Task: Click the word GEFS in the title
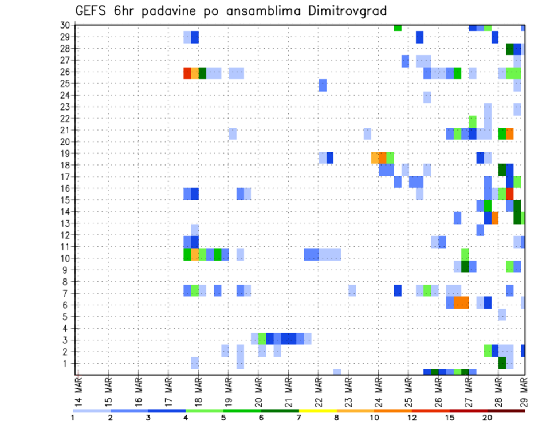92,11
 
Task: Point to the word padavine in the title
163,11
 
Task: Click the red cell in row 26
187,73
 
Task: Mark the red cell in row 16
509,194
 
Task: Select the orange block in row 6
461,302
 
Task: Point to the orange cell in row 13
494,218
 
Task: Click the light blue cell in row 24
427,97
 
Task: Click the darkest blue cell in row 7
398,290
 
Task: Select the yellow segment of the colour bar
317,411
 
